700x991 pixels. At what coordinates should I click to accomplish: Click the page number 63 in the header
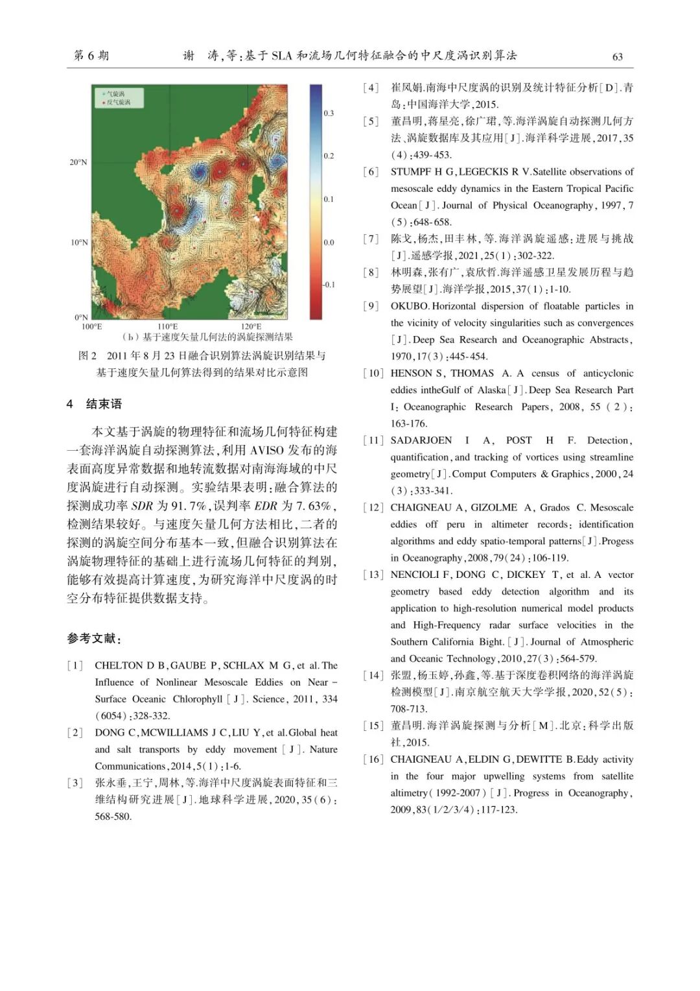click(617, 57)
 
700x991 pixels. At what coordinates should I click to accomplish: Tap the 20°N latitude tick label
click(78, 162)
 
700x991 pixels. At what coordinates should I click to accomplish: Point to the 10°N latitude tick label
click(79, 243)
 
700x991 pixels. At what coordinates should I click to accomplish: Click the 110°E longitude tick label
click(167, 327)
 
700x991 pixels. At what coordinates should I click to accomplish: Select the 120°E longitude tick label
click(251, 327)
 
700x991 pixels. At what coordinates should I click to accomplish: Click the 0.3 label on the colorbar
click(329, 113)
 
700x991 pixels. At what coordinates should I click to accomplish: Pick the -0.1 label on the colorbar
click(329, 285)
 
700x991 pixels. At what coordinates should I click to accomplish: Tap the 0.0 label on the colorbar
click(329, 243)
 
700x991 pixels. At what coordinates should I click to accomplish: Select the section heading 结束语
click(104, 404)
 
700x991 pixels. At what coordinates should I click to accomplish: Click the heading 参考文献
click(93, 639)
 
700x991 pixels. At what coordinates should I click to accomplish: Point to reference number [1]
click(75, 665)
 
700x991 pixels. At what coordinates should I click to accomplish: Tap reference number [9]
click(371, 306)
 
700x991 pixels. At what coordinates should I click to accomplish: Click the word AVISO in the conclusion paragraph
click(267, 450)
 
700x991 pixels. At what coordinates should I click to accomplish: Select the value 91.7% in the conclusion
click(189, 506)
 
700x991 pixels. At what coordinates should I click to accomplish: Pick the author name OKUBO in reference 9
click(410, 306)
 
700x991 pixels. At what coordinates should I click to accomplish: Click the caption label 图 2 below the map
click(87, 355)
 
